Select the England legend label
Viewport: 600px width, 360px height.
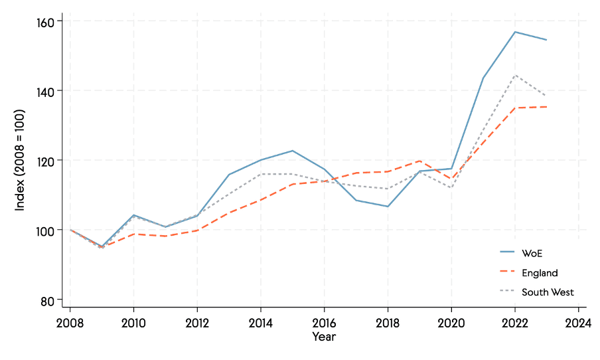coord(540,273)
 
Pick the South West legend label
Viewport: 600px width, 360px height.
coord(548,292)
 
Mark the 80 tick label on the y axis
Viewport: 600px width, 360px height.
coord(46,300)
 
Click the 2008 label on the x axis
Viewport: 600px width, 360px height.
coord(70,323)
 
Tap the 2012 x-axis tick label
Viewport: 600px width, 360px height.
coord(197,323)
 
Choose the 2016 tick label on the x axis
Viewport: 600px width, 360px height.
coord(324,323)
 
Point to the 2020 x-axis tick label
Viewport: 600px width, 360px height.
coord(451,323)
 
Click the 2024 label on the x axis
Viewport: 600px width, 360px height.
coord(578,323)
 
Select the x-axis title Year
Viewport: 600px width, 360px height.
coord(324,337)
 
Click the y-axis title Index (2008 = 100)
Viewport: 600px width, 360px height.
coord(20,160)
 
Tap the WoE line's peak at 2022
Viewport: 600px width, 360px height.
coord(515,32)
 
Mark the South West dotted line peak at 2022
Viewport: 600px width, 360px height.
coord(515,75)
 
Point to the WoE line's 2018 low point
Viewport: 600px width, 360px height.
coord(388,207)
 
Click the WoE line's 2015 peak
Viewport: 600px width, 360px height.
coord(293,151)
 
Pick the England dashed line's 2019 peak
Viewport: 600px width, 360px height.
coord(419,161)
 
